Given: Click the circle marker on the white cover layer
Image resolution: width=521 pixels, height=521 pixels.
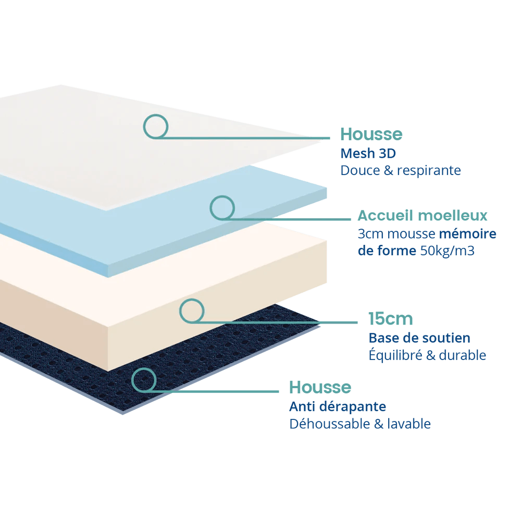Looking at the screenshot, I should (156, 126).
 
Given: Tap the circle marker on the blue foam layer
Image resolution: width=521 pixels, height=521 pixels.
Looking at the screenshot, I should (222, 207).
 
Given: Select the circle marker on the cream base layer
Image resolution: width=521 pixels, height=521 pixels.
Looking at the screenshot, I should (192, 311).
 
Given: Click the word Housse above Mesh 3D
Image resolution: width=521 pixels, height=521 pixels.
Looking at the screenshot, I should (371, 134).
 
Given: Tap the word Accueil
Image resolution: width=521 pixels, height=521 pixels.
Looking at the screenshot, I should (384, 215).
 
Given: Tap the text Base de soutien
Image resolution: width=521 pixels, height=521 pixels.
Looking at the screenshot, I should (419, 338).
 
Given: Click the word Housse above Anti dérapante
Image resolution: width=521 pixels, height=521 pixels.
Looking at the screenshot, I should (320, 388).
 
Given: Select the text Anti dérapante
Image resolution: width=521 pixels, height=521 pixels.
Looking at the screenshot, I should (338, 406).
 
